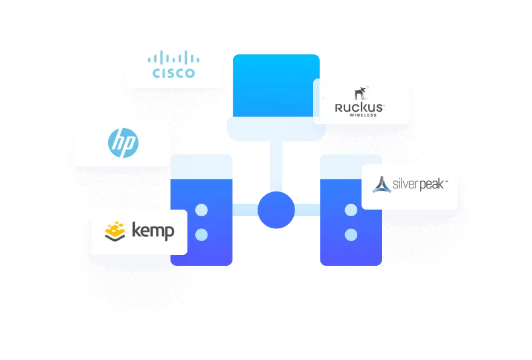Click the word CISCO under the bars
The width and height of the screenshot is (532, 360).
click(174, 74)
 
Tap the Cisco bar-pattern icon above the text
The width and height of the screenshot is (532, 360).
click(174, 58)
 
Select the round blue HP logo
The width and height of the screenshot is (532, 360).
click(123, 144)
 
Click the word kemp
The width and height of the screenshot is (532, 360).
click(153, 231)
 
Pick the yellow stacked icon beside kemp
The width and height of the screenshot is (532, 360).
click(115, 231)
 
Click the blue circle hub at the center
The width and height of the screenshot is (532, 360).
click(276, 211)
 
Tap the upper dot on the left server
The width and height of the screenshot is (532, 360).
click(202, 210)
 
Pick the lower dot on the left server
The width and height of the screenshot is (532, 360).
click(202, 234)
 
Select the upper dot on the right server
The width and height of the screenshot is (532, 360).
click(350, 210)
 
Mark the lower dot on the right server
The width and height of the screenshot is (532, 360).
click(350, 234)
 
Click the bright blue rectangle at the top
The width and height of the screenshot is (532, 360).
click(276, 85)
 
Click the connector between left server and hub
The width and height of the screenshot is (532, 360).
click(245, 210)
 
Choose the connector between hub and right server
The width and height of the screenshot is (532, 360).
click(307, 210)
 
